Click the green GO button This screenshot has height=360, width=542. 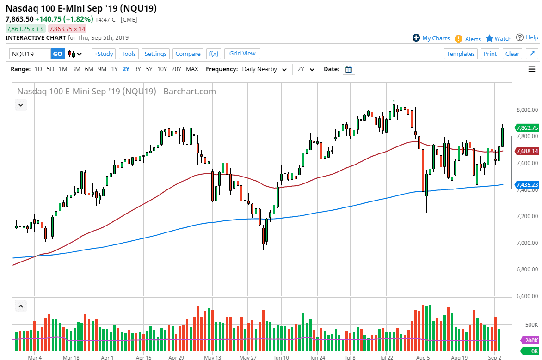coord(57,54)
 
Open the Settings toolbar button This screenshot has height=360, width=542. coord(155,54)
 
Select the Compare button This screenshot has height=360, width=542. coord(188,54)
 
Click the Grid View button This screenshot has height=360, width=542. coord(242,54)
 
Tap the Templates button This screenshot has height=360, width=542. coord(461,54)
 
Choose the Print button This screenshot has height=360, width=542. coord(490,54)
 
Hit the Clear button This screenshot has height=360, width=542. coord(512,54)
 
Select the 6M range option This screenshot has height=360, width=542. coord(89,69)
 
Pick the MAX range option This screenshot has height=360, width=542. coord(192,69)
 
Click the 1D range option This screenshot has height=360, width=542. coord(38,69)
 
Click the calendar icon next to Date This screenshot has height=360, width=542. coord(349,69)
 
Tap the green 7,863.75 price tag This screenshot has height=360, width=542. coord(526,128)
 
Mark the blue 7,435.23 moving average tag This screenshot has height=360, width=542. coord(526,184)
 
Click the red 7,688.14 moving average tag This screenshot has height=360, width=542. coord(526,151)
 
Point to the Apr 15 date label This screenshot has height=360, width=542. coord(144,357)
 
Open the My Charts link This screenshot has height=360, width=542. coord(431,38)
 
